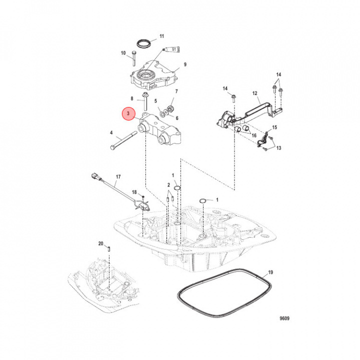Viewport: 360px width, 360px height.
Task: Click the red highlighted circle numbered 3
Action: click(x=128, y=113)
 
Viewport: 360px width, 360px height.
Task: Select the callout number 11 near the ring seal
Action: click(x=162, y=36)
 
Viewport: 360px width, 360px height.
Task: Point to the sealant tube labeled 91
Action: click(x=171, y=49)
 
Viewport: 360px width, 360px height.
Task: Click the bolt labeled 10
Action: click(x=134, y=58)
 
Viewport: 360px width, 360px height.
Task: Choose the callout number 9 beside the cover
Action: click(x=185, y=64)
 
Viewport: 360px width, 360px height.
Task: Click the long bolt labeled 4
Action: click(x=123, y=139)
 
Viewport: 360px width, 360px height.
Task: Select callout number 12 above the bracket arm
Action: click(x=255, y=93)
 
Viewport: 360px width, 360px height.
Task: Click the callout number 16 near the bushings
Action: click(x=254, y=135)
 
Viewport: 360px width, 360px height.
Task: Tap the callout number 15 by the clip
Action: click(x=274, y=127)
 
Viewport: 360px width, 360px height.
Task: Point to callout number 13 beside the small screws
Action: click(x=278, y=148)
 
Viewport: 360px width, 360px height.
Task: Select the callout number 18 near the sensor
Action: click(x=134, y=192)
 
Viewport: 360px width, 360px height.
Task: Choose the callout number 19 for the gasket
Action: click(x=270, y=272)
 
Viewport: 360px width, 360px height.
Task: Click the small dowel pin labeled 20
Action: click(x=109, y=248)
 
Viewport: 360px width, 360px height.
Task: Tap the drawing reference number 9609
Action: click(x=284, y=318)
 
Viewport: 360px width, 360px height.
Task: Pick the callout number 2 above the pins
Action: click(x=169, y=185)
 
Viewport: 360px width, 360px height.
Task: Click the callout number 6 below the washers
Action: click(x=177, y=118)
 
